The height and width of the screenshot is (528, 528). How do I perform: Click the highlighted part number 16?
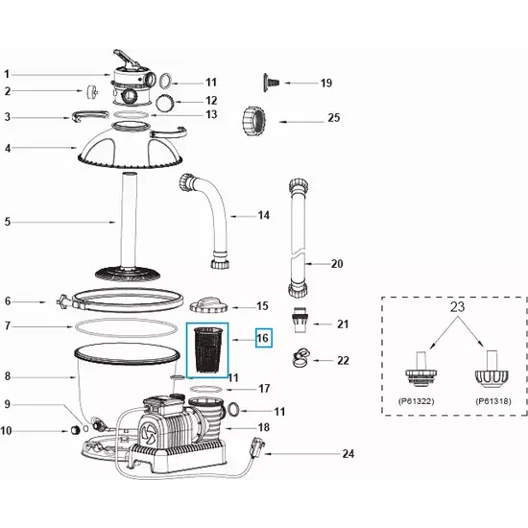tap(263, 338)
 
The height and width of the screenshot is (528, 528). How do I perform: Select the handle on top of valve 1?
tap(127, 59)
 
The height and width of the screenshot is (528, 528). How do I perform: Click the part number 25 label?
tap(333, 117)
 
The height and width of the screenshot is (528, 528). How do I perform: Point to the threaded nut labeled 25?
tap(253, 121)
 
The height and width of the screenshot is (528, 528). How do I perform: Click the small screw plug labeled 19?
tap(271, 83)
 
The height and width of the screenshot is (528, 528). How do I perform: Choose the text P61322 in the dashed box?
tap(417, 401)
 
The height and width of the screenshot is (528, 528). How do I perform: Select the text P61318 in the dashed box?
tap(493, 401)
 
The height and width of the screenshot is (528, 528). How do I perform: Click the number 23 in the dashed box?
tap(457, 307)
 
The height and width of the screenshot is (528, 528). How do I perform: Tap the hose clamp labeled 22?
tap(301, 358)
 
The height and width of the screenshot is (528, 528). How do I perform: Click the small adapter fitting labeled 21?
tap(299, 320)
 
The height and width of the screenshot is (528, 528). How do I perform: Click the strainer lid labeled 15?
tap(208, 305)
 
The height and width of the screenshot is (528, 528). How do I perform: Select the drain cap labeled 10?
tap(77, 430)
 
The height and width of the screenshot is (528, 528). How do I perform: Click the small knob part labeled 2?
tap(91, 92)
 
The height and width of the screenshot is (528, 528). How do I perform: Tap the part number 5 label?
tap(8, 222)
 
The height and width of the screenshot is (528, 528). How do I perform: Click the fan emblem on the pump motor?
tap(148, 433)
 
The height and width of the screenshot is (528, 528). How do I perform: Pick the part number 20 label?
tap(337, 264)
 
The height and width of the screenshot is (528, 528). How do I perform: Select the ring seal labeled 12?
tap(166, 102)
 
